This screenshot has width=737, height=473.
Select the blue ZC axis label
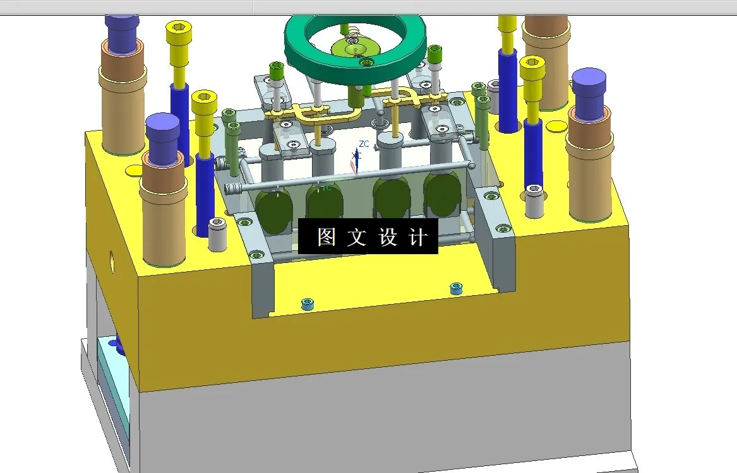tap(364, 144)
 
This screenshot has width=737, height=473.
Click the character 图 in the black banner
tap(326, 237)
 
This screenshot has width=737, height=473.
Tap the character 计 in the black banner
tap(418, 237)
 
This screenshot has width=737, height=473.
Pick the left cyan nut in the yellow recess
tap(308, 303)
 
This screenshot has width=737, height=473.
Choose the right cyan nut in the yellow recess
tap(455, 288)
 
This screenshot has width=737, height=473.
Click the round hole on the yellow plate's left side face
tap(112, 259)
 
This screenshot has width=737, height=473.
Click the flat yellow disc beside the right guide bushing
tap(556, 126)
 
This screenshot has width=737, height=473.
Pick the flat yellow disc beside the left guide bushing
tap(135, 170)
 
